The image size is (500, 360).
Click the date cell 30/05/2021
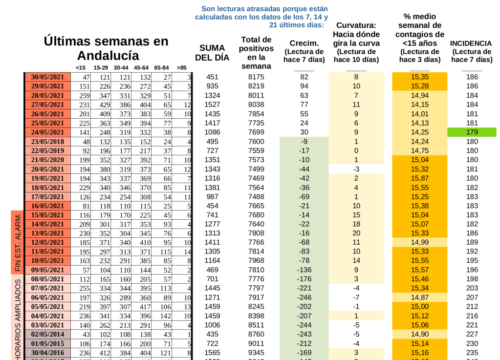[47, 77]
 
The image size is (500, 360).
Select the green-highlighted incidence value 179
[472, 132]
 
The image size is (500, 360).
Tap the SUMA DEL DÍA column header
[212, 53]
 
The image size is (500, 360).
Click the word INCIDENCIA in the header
[471, 43]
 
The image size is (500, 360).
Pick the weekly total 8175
[256, 77]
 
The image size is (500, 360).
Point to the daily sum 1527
[213, 105]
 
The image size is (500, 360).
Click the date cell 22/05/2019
[47, 150]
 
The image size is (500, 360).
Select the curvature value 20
[356, 233]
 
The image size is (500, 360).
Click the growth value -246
[304, 297]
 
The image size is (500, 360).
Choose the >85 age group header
[181, 67]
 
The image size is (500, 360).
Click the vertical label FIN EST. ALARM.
[18, 242]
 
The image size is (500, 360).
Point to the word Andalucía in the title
[108, 55]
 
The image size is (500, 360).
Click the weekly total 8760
[256, 334]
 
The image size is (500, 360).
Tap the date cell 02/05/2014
[47, 334]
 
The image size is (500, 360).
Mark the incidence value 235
[472, 352]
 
